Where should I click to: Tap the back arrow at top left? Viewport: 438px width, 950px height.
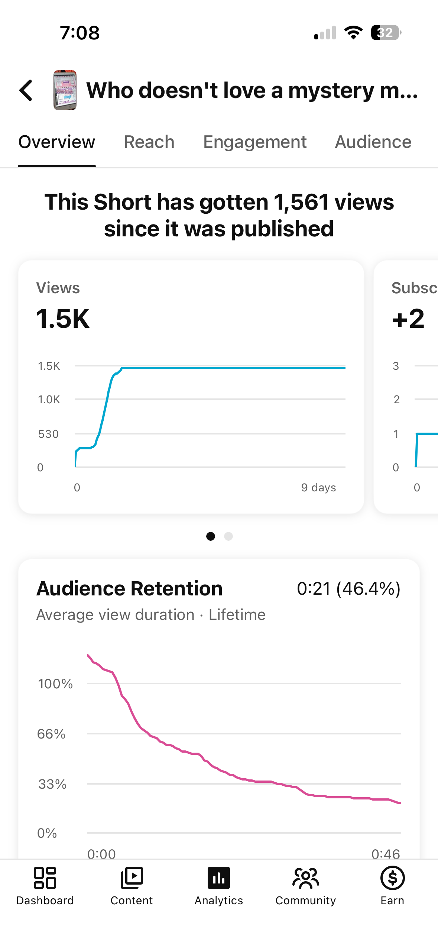click(26, 90)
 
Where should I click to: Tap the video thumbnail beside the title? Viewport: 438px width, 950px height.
click(65, 90)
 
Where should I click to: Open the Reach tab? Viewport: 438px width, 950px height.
click(149, 142)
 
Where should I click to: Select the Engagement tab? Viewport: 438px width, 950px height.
click(255, 142)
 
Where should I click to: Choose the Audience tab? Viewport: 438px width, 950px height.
click(373, 142)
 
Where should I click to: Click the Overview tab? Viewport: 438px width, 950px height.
click(57, 142)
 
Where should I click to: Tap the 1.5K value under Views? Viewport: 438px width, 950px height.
click(63, 319)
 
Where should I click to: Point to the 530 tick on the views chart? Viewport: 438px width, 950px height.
click(48, 434)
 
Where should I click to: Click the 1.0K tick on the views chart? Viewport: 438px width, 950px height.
click(49, 400)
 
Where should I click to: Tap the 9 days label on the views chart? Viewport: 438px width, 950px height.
click(318, 487)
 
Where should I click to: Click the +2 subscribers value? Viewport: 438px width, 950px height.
click(408, 319)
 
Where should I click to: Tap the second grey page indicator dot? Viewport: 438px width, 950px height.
click(228, 536)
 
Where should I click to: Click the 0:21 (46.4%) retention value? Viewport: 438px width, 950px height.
click(348, 589)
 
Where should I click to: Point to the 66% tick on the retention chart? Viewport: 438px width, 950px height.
click(51, 734)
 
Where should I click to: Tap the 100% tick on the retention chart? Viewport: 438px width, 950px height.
click(55, 684)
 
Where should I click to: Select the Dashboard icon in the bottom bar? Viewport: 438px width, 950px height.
click(45, 878)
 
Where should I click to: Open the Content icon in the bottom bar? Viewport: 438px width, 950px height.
click(132, 878)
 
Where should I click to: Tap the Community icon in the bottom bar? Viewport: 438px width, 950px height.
click(306, 878)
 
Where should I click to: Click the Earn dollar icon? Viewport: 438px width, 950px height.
click(393, 878)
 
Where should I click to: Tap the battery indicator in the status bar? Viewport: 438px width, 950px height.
click(386, 33)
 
